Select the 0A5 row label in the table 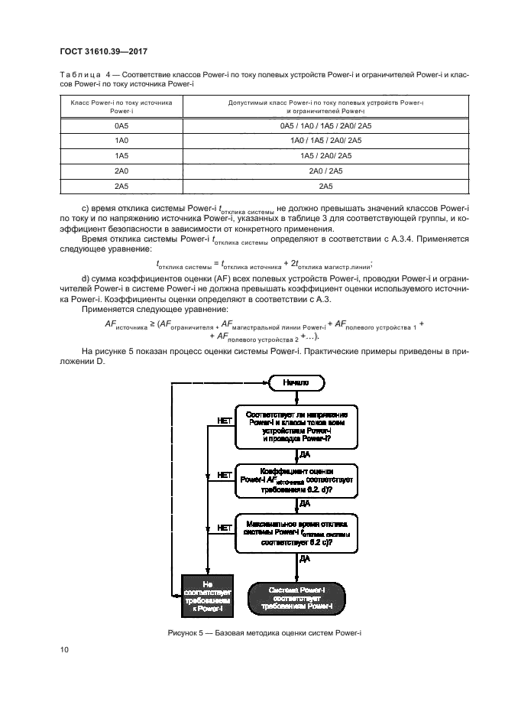pos(121,124)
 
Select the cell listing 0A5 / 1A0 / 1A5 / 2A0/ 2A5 pos(325,124)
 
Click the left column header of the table pos(121,106)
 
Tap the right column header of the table pos(325,106)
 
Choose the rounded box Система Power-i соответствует pos(298,596)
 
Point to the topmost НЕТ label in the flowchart pos(225,421)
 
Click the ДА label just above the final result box pos(304,560)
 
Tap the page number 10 pos(65,650)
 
